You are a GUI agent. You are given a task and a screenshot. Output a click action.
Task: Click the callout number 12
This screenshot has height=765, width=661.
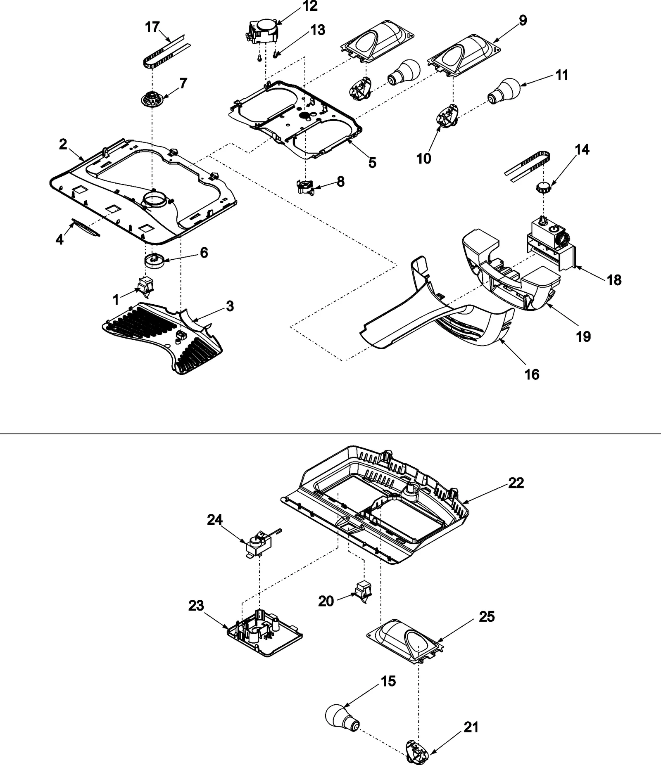tap(310, 6)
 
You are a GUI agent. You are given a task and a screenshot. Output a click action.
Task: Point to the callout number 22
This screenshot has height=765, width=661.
tap(516, 483)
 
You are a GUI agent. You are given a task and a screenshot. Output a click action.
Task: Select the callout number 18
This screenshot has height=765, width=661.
tap(614, 280)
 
